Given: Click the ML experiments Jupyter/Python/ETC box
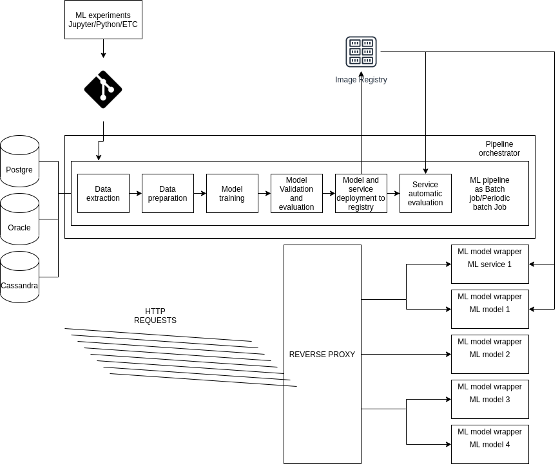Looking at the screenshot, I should tap(103, 19).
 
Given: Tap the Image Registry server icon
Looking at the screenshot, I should tap(361, 51).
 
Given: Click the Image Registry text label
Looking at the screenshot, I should tap(361, 80).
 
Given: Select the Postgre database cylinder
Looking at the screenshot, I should tap(19, 161).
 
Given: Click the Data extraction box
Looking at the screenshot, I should tap(103, 193).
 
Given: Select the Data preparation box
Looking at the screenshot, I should tap(168, 193).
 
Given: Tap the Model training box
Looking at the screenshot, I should tap(232, 193).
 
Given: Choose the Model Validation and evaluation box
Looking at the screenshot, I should tap(296, 193).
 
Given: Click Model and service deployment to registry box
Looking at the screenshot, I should tap(361, 193).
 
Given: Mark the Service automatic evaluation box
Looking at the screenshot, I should tap(425, 193).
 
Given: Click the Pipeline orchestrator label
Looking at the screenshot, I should tap(499, 149).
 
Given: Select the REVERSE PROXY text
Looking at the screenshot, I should tap(322, 355).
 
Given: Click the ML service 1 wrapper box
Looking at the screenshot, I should tap(490, 264).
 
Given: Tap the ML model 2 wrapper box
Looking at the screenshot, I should tap(490, 354).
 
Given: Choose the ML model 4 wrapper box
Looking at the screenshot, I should tap(490, 444).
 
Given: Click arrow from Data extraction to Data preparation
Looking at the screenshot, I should tap(135, 193).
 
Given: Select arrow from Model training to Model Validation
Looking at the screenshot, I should tap(264, 193).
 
